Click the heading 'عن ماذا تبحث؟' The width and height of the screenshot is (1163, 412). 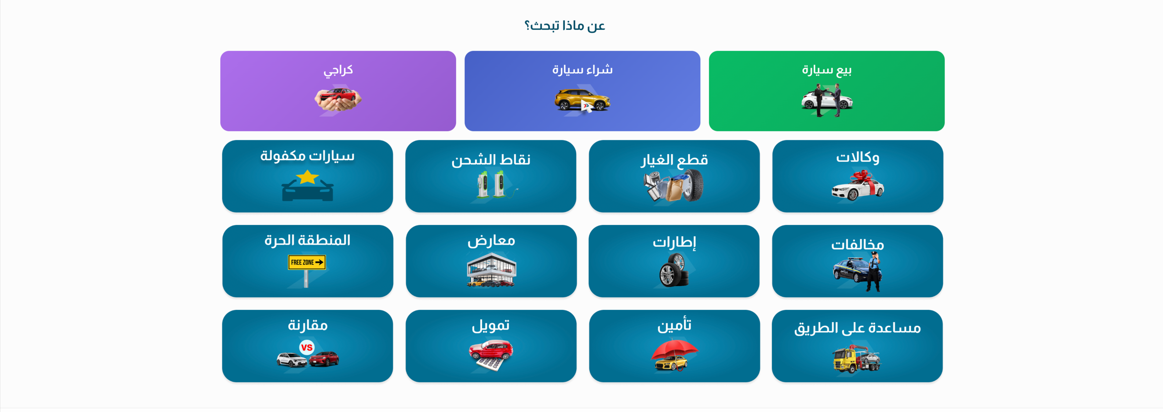pos(564,26)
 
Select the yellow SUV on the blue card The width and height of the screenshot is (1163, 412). pos(582,100)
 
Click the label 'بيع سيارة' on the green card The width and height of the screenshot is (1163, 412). pos(827,70)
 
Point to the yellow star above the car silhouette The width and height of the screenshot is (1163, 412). pos(308,177)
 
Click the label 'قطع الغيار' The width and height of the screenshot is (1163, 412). pos(674,160)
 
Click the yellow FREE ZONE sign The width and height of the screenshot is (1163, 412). pos(307,262)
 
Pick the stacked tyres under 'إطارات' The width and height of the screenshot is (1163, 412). pos(674,270)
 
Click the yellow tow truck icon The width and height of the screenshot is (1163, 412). pos(856,359)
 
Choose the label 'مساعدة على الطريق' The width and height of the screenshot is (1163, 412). pos(857,328)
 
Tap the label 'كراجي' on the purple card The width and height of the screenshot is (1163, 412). pos(338,70)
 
